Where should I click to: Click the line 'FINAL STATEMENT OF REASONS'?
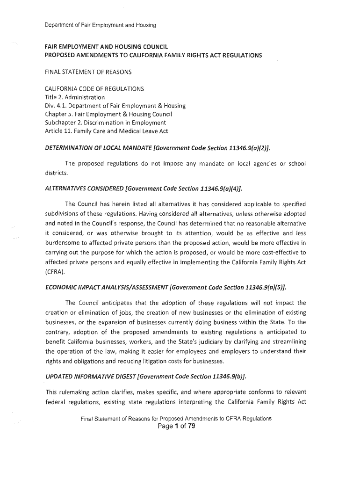pos(88,72)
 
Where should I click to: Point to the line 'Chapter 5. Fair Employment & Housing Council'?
pos(108,114)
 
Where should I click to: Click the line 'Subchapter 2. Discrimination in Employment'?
pos(105,123)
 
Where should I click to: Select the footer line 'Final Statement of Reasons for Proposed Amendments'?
pos(175,419)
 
